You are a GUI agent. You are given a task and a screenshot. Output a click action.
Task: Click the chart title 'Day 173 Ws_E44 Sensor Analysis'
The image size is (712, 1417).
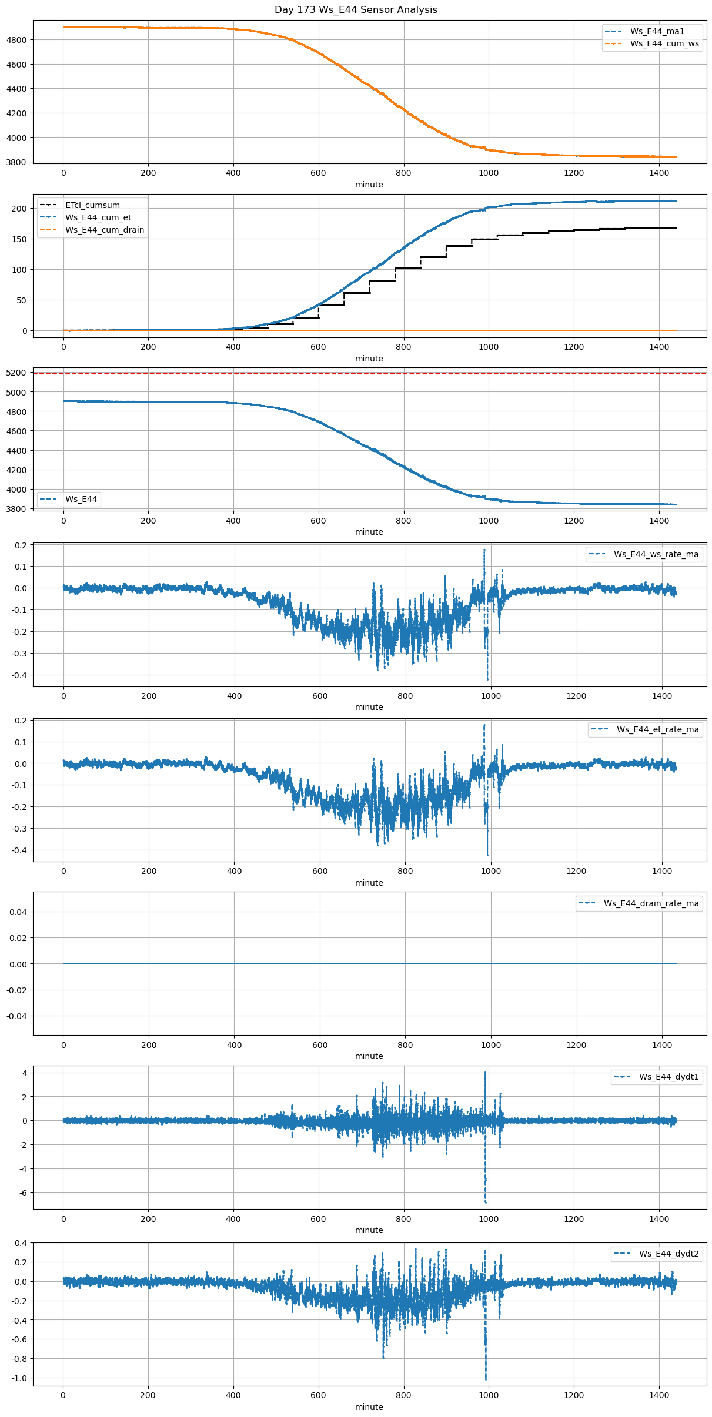click(356, 9)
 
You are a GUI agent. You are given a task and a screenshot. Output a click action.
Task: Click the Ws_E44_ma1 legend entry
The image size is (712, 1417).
click(657, 31)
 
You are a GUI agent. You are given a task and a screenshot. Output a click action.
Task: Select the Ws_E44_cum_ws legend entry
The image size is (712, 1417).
click(664, 43)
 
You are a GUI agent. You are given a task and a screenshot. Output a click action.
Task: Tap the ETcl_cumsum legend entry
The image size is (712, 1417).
click(92, 205)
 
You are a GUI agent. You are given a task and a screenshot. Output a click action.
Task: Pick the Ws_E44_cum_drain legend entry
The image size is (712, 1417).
click(105, 230)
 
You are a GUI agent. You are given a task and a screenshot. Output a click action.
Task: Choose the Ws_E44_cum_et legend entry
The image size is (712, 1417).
click(98, 217)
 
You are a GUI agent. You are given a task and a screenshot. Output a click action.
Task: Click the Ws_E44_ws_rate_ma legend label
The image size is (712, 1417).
click(656, 554)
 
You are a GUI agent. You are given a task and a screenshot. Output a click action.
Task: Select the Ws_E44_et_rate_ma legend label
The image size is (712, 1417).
click(657, 729)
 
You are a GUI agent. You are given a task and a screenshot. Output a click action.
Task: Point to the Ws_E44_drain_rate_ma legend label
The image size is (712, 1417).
click(651, 903)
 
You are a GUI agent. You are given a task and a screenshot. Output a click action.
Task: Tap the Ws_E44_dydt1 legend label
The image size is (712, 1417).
click(669, 1077)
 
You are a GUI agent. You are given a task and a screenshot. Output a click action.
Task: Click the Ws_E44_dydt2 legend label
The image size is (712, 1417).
click(669, 1254)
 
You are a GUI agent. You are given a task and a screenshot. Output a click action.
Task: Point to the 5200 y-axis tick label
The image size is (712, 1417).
click(16, 373)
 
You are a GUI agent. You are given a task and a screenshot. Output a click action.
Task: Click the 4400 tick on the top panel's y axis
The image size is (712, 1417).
click(16, 89)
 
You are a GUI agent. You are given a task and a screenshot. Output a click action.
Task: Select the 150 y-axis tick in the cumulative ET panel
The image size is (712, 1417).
click(19, 239)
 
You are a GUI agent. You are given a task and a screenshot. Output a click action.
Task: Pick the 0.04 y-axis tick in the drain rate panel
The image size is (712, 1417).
click(18, 912)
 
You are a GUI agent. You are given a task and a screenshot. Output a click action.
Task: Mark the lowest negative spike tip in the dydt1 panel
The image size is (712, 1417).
click(486, 1202)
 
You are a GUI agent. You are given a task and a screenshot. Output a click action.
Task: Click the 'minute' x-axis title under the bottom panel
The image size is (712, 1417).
click(369, 1407)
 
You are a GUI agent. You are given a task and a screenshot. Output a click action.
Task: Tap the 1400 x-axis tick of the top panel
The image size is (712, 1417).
click(659, 173)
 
